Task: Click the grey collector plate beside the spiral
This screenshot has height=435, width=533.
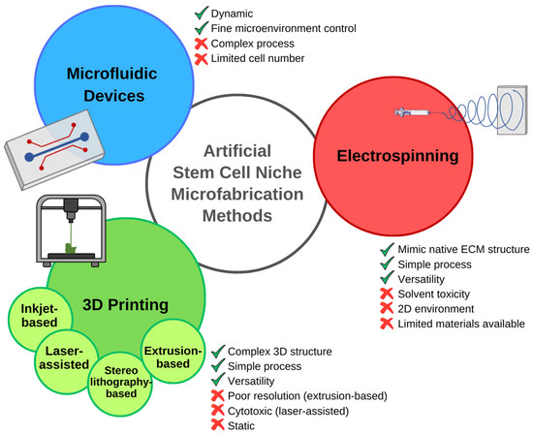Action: coord(512,111)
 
